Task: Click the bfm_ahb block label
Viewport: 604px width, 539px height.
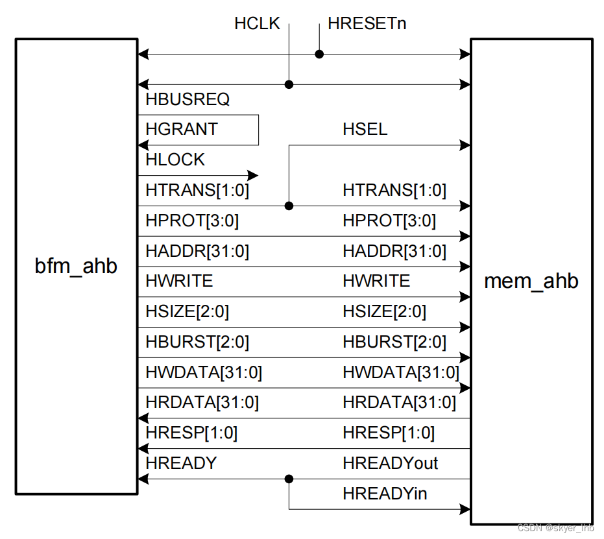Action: pos(76,265)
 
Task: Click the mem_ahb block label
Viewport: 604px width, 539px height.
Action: pos(531,281)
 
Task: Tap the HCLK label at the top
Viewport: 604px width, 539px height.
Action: pos(257,24)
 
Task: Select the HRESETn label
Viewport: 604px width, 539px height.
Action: pos(367,24)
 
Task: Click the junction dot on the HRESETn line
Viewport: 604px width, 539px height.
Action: pos(319,54)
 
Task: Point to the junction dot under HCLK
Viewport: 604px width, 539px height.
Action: pos(289,84)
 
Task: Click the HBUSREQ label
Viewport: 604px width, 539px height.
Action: pos(187,100)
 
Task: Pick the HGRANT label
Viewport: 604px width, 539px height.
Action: pos(182,129)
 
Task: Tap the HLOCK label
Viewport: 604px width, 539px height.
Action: pos(175,160)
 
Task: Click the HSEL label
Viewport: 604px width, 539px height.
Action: pos(365,129)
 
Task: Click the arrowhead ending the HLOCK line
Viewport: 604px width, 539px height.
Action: pos(254,175)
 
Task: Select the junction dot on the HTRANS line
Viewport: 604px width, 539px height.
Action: pos(289,206)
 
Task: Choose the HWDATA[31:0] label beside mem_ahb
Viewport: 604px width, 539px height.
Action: pos(400,372)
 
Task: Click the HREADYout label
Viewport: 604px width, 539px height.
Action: pos(391,463)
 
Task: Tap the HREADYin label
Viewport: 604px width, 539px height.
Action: pos(385,494)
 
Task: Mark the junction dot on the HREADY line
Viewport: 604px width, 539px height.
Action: pos(289,479)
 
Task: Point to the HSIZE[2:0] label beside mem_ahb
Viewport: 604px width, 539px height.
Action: pos(384,312)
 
